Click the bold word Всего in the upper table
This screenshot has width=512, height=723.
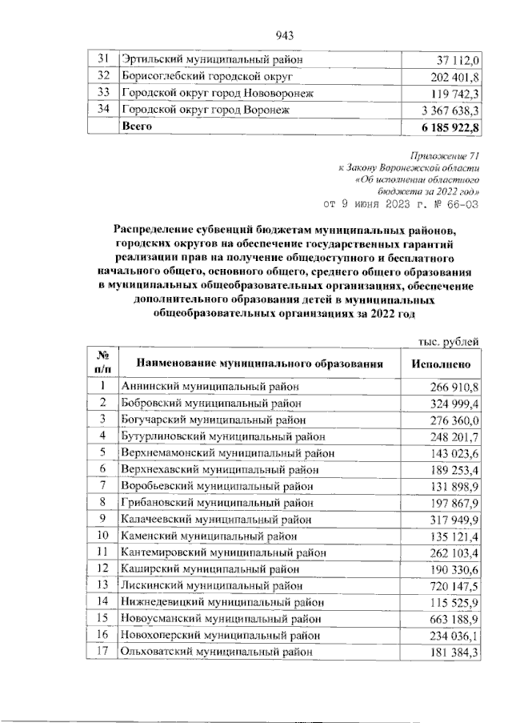136,127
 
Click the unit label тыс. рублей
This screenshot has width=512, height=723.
449,342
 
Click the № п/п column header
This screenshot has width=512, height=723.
102,363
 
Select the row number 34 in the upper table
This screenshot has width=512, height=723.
102,110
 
